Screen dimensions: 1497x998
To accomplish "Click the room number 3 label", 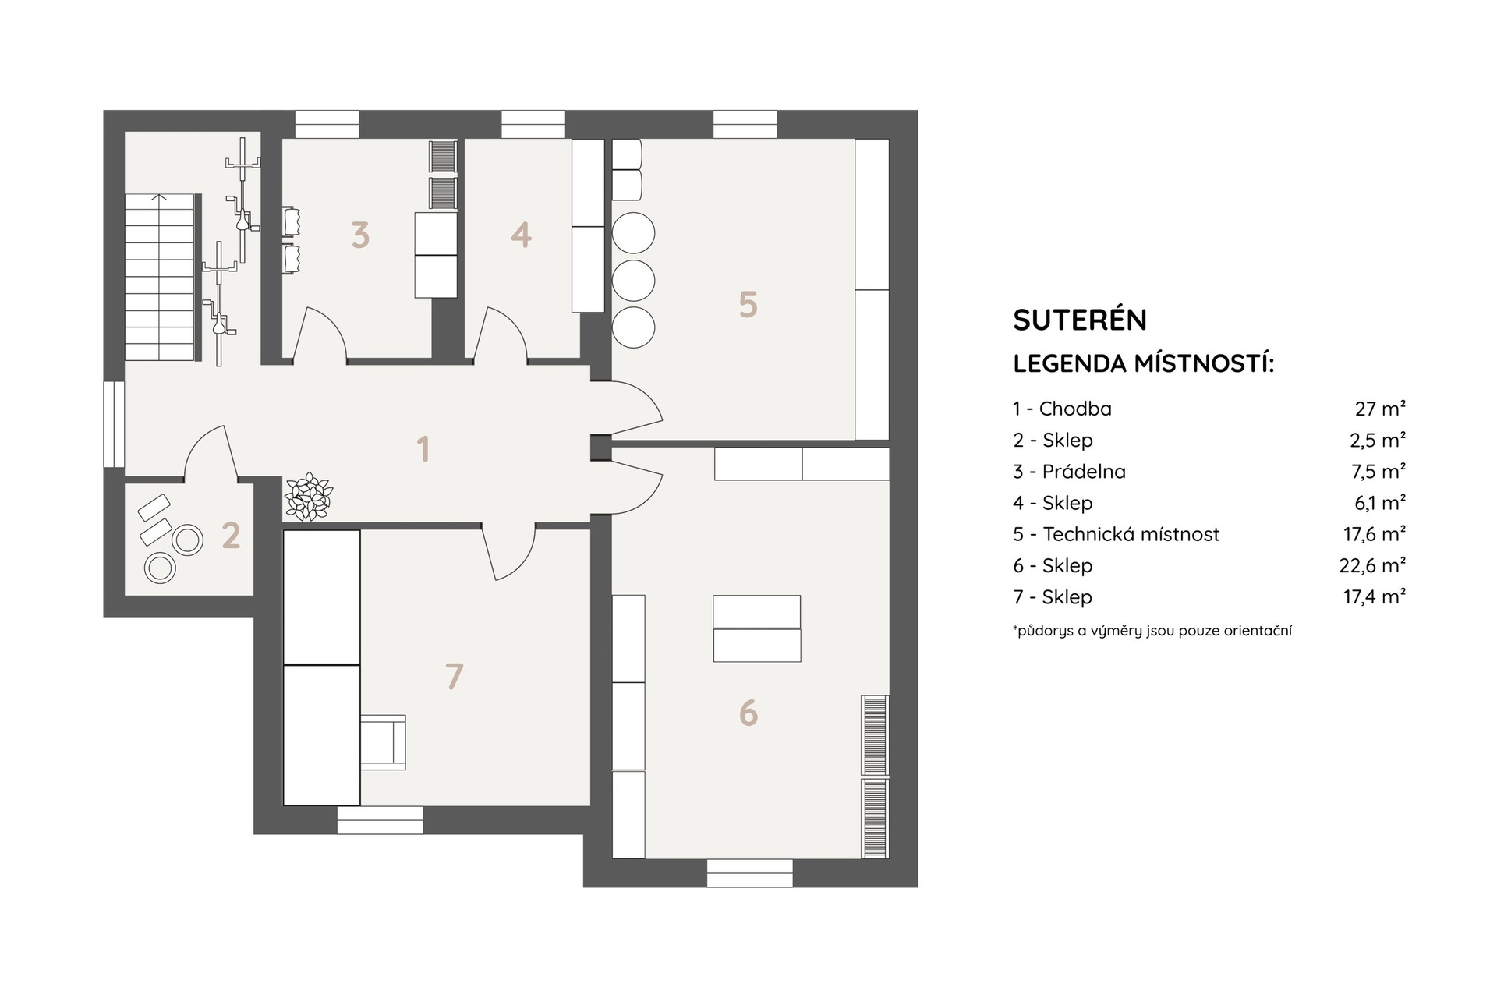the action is coord(359,235).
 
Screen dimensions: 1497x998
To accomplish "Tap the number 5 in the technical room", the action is coord(748,305).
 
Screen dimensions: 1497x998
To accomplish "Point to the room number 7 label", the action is coord(454,676).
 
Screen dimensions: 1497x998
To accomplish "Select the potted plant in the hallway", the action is coord(309,497).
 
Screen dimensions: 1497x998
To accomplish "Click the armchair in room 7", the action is coord(383,742).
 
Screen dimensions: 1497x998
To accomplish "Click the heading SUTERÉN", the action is coord(1080,320).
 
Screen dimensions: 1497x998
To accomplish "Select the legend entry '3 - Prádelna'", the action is coord(1069,472).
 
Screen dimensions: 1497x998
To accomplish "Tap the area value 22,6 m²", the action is coord(1372,565).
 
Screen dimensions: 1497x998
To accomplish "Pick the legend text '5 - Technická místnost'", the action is coord(1116,534).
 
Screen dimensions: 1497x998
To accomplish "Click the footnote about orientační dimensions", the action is coord(1152,631).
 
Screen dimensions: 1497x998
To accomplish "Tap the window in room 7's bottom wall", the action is coord(380,820).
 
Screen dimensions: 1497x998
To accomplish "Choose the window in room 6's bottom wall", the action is coord(750,873).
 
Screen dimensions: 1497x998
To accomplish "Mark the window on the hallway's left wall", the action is coord(114,424).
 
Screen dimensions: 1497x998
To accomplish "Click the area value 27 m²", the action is coord(1380,409).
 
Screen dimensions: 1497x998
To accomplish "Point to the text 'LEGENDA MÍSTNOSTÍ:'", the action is coord(1143,363).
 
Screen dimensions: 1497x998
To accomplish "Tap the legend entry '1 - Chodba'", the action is coord(1062,409).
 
